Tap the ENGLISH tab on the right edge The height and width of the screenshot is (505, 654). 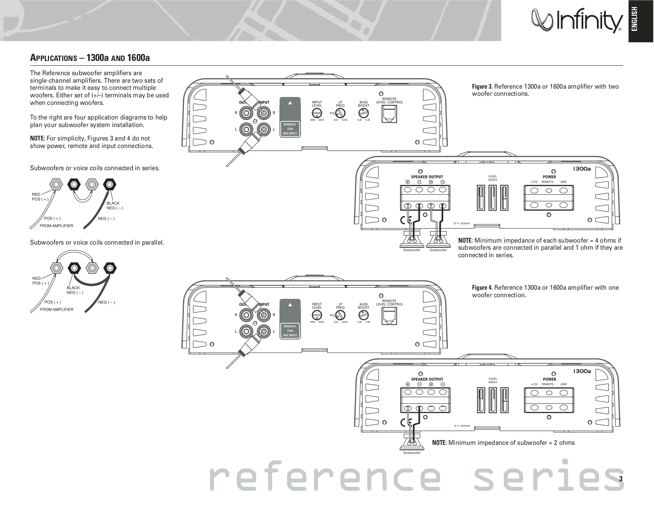pyautogui.click(x=641, y=20)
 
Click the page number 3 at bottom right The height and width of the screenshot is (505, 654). pyautogui.click(x=620, y=478)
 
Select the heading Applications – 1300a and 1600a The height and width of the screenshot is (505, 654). pyautogui.click(x=90, y=58)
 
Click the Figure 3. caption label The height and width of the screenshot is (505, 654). pyautogui.click(x=482, y=87)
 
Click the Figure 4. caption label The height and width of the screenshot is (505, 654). pyautogui.click(x=482, y=288)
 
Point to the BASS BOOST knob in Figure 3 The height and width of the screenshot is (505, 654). pyautogui.click(x=363, y=113)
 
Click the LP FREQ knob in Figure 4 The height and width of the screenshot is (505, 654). pyautogui.click(x=340, y=315)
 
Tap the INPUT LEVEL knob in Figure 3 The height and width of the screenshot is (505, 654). pyautogui.click(x=317, y=113)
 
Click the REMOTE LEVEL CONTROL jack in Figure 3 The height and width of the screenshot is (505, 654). pyautogui.click(x=389, y=114)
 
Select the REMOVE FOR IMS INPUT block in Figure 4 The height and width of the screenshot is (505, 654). pyautogui.click(x=290, y=330)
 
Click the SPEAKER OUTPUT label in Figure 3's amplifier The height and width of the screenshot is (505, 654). pyautogui.click(x=427, y=177)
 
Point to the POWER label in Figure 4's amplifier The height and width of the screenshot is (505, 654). pyautogui.click(x=549, y=379)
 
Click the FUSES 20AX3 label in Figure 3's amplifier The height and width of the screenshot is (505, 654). pyautogui.click(x=492, y=178)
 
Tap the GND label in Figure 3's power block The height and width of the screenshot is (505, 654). pyautogui.click(x=563, y=182)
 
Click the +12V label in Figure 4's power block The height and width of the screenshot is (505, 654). pyautogui.click(x=534, y=384)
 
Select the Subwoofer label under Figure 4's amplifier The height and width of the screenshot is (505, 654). pyautogui.click(x=412, y=453)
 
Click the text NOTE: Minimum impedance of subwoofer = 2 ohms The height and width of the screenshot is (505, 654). pyautogui.click(x=503, y=442)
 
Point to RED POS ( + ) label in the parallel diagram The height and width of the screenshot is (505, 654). pyautogui.click(x=40, y=281)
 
